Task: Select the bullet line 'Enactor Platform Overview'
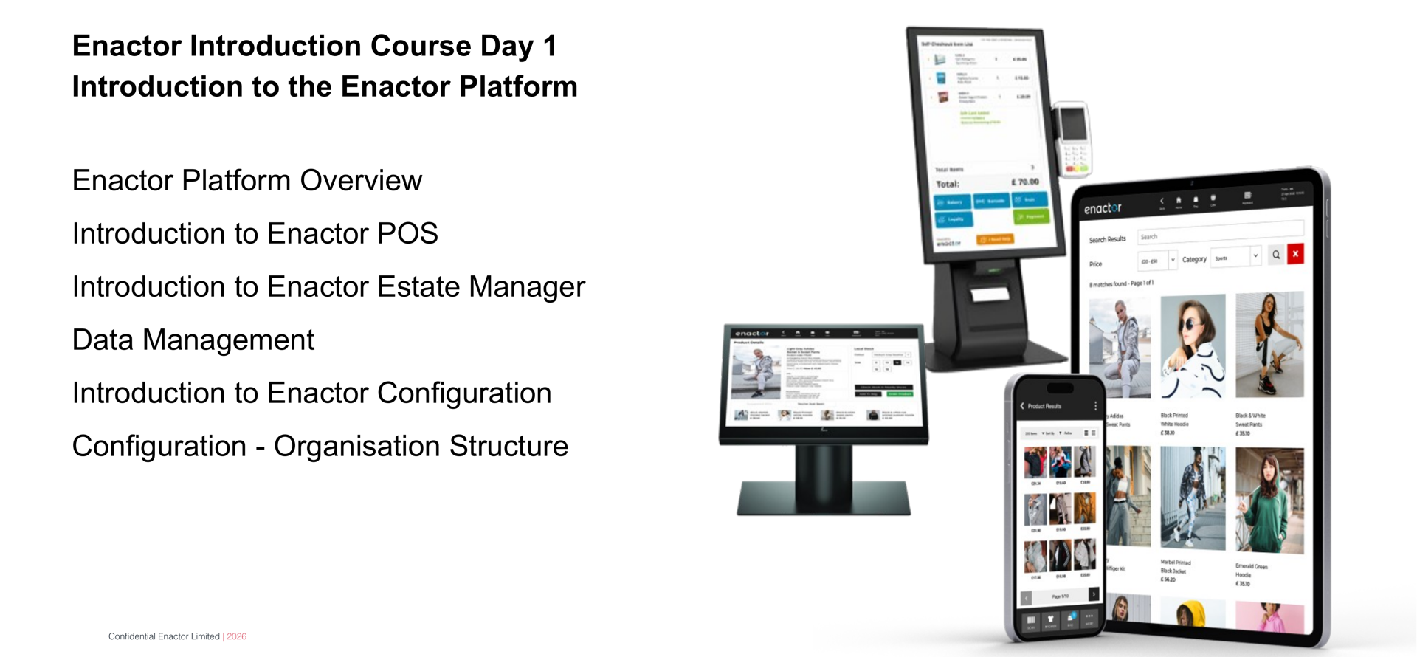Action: coord(246,181)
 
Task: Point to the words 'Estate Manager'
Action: coord(480,287)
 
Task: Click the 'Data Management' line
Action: coord(193,340)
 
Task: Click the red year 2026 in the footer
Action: coord(236,636)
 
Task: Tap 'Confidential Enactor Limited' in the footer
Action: coord(164,636)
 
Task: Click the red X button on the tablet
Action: coord(1294,254)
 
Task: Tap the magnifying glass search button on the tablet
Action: coord(1275,255)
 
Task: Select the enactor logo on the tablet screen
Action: coord(1102,209)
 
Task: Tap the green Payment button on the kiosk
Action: coord(1030,216)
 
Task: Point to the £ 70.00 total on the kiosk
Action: coord(1024,182)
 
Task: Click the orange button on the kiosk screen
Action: coord(995,239)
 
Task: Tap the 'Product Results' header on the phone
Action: coord(1044,406)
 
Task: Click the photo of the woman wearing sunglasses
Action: coord(1192,345)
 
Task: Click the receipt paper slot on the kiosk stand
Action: coord(989,295)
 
